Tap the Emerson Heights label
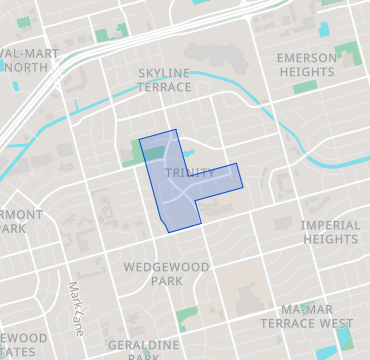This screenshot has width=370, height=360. tap(307, 65)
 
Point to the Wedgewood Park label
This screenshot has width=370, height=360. tap(153, 274)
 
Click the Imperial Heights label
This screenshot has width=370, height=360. tap(330, 232)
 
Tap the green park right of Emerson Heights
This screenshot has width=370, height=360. tap(348, 54)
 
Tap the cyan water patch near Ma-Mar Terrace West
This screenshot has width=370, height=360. tap(344, 338)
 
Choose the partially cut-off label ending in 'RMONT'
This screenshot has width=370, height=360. tap(20, 221)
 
